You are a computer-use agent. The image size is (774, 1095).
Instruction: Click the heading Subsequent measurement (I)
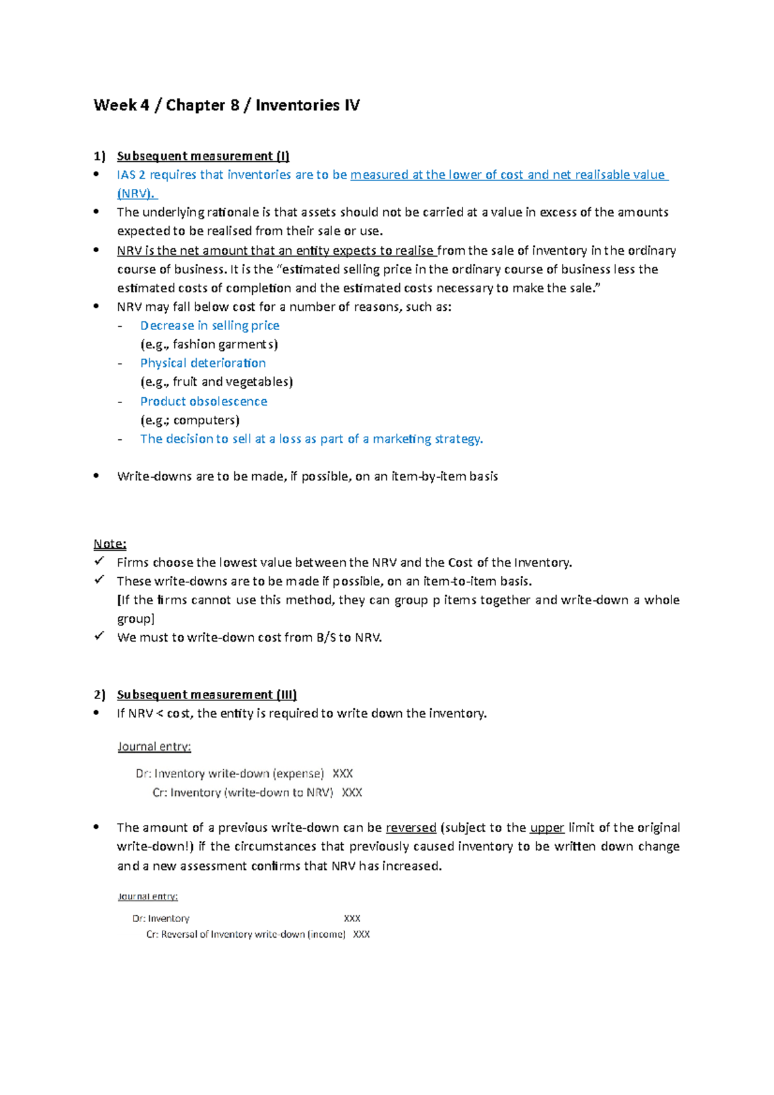pyautogui.click(x=203, y=156)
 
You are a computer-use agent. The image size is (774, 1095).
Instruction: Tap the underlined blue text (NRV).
pyautogui.click(x=136, y=193)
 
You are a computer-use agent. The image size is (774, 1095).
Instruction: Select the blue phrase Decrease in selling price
pyautogui.click(x=210, y=326)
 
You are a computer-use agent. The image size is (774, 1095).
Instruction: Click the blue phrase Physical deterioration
pyautogui.click(x=203, y=363)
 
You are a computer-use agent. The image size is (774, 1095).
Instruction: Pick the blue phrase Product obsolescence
pyautogui.click(x=203, y=401)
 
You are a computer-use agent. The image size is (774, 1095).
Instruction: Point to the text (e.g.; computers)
pyautogui.click(x=190, y=420)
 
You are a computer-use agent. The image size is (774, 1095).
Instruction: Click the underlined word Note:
pyautogui.click(x=110, y=544)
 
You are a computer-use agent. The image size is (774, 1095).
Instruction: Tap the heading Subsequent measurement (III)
pyautogui.click(x=206, y=695)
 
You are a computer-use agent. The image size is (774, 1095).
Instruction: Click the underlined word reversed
pyautogui.click(x=411, y=827)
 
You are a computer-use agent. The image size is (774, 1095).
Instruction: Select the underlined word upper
pyautogui.click(x=547, y=827)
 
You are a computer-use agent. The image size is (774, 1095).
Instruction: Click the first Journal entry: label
pyautogui.click(x=154, y=747)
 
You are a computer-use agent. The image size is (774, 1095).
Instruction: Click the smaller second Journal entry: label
pyautogui.click(x=148, y=896)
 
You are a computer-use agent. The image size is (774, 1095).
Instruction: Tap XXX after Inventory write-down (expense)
pyautogui.click(x=342, y=773)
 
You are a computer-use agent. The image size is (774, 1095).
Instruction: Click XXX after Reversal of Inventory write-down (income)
pyautogui.click(x=361, y=934)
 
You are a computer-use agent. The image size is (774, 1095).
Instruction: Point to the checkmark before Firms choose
pyautogui.click(x=99, y=562)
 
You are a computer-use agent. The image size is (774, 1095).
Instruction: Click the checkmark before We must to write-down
pyautogui.click(x=99, y=636)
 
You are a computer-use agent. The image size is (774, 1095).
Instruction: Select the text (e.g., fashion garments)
pyautogui.click(x=209, y=344)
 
